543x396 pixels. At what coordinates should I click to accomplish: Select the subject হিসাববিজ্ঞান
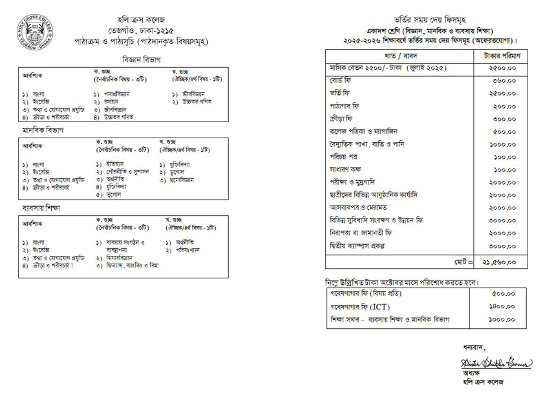(122, 257)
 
